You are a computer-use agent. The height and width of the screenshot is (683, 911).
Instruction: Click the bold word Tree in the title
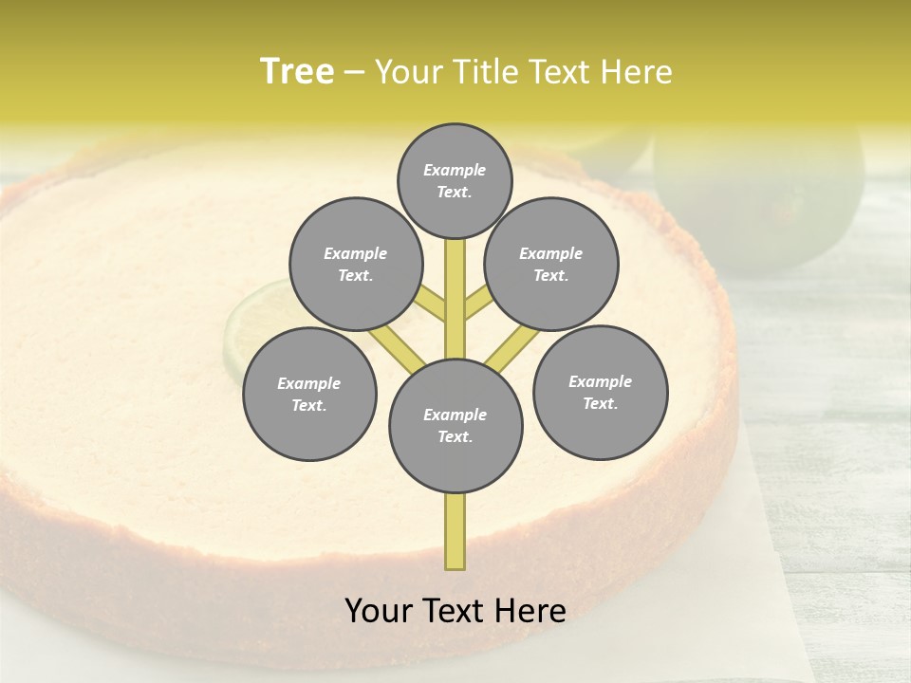coord(297,72)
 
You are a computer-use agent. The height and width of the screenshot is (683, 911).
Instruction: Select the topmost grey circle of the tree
coord(455,180)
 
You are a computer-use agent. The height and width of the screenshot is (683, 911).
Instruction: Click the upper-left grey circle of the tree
coord(356,264)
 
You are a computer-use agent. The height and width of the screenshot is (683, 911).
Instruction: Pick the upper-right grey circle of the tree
coord(551,264)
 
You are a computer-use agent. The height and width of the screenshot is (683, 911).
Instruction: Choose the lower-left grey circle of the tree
coord(309,394)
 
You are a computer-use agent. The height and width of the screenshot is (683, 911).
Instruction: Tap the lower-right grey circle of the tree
coord(600,392)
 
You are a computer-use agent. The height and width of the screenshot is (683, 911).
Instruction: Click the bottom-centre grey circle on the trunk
coord(455,425)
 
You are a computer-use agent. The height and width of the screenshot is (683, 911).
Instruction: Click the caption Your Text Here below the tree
coord(455,611)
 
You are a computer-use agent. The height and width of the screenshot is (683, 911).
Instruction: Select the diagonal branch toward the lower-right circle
coord(509,352)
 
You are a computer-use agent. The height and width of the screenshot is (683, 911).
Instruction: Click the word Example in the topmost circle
coord(455,170)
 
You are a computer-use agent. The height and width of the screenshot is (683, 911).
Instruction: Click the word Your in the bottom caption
coord(379,611)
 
